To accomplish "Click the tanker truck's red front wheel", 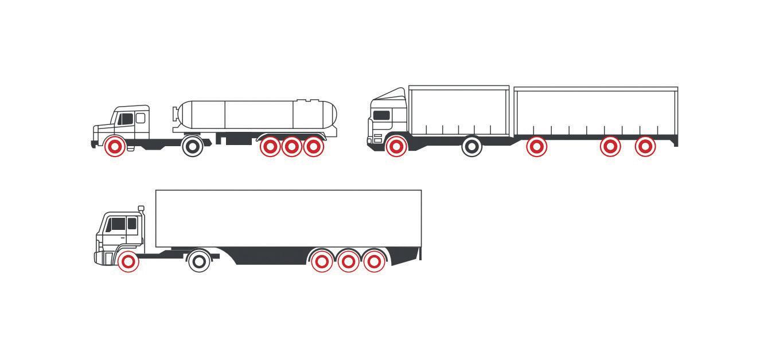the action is [x=115, y=147].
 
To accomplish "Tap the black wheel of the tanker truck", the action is [x=193, y=147].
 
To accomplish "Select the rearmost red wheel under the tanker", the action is [x=313, y=147].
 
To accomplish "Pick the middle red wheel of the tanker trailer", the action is [x=291, y=147].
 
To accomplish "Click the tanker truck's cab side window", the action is [x=126, y=119].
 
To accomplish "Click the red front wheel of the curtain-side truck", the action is [x=396, y=147].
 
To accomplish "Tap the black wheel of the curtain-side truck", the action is [x=472, y=147].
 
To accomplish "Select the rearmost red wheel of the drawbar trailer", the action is [x=645, y=147].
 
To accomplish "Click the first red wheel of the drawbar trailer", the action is [x=536, y=147].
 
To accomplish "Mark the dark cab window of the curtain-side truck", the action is [x=381, y=115].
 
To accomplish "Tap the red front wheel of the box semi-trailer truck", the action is [x=128, y=262].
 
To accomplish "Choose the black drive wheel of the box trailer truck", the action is [x=199, y=262].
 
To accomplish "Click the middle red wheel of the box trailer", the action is [x=348, y=262].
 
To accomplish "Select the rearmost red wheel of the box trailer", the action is [x=374, y=262].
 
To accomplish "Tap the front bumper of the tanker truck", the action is [x=93, y=142].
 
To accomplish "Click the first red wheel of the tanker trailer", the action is [x=270, y=147].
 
